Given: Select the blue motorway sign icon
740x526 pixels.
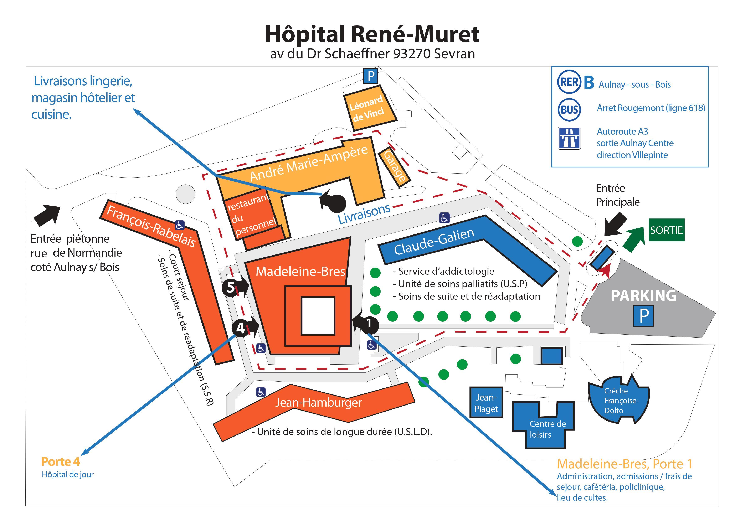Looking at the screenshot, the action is click(x=569, y=138).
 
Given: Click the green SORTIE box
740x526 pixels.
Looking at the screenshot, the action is click(x=667, y=230).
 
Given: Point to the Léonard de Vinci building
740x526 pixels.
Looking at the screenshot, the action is click(x=370, y=108).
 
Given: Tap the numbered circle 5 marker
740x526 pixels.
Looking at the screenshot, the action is click(x=230, y=287).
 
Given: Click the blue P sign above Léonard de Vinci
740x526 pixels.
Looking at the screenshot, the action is click(x=371, y=76).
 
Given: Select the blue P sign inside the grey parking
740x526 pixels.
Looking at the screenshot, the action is click(x=643, y=316).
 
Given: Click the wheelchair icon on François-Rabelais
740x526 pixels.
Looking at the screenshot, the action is click(x=180, y=225).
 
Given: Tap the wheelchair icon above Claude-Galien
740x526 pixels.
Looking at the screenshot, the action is click(x=444, y=218).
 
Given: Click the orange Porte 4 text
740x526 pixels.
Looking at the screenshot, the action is click(x=61, y=461).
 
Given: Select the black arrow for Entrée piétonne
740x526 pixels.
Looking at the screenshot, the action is click(x=47, y=215).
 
